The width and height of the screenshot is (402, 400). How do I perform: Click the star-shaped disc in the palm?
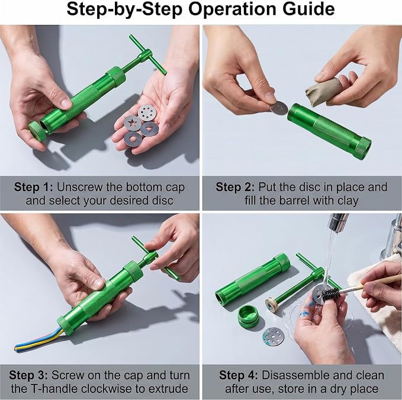(x=132, y=123)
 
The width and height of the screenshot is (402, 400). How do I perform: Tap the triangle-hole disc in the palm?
(x=149, y=129)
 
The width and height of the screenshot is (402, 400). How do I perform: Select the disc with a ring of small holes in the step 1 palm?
(x=147, y=112)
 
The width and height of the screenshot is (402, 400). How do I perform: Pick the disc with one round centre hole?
(x=133, y=138)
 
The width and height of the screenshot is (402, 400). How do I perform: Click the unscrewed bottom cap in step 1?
(x=37, y=131)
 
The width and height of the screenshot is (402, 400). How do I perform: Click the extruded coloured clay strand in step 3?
(x=38, y=340)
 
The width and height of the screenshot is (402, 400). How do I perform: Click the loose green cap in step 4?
(x=248, y=315)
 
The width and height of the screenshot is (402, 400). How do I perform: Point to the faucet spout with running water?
(x=338, y=221)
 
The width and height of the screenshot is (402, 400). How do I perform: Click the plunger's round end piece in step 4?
(x=272, y=305)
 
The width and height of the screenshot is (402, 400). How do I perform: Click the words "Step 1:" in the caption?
(x=33, y=187)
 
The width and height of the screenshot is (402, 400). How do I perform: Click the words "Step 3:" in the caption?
(x=28, y=375)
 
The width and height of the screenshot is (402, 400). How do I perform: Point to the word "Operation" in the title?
(x=233, y=9)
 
